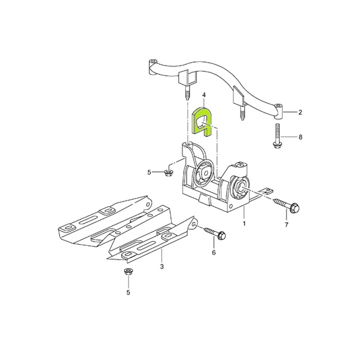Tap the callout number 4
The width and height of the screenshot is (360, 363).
click(x=204, y=95)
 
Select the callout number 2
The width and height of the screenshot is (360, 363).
click(x=300, y=112)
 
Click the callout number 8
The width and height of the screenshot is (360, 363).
click(x=300, y=137)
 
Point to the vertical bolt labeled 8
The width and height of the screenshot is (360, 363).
click(x=277, y=136)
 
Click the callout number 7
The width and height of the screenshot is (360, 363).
click(x=287, y=225)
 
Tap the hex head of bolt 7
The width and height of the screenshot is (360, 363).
click(x=295, y=207)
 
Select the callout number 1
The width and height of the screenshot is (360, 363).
click(x=243, y=223)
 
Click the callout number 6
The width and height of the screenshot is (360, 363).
click(x=214, y=252)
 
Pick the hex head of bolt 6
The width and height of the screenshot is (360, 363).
click(x=222, y=235)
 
